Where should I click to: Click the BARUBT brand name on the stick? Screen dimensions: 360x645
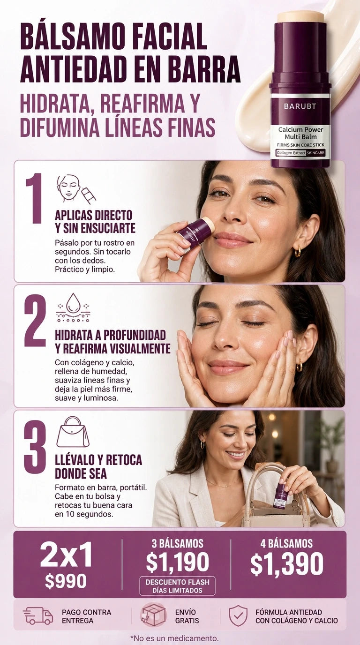click(x=300, y=106)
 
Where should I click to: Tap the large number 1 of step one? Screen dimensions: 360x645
click(x=34, y=198)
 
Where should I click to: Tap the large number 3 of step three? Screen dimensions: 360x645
click(x=35, y=447)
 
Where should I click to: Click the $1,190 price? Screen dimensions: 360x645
click(x=177, y=562)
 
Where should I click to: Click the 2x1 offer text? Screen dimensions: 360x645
click(x=66, y=555)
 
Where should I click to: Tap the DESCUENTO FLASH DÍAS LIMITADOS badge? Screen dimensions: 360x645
click(x=177, y=586)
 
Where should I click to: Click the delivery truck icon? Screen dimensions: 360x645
click(x=38, y=615)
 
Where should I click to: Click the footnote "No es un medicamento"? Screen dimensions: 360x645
click(x=174, y=638)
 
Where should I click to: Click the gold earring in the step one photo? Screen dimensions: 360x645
click(x=298, y=251)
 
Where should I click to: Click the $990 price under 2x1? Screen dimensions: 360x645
click(x=66, y=581)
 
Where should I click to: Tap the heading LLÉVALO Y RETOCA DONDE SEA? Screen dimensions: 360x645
click(x=98, y=466)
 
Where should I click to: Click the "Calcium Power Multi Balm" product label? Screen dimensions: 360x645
click(x=300, y=133)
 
